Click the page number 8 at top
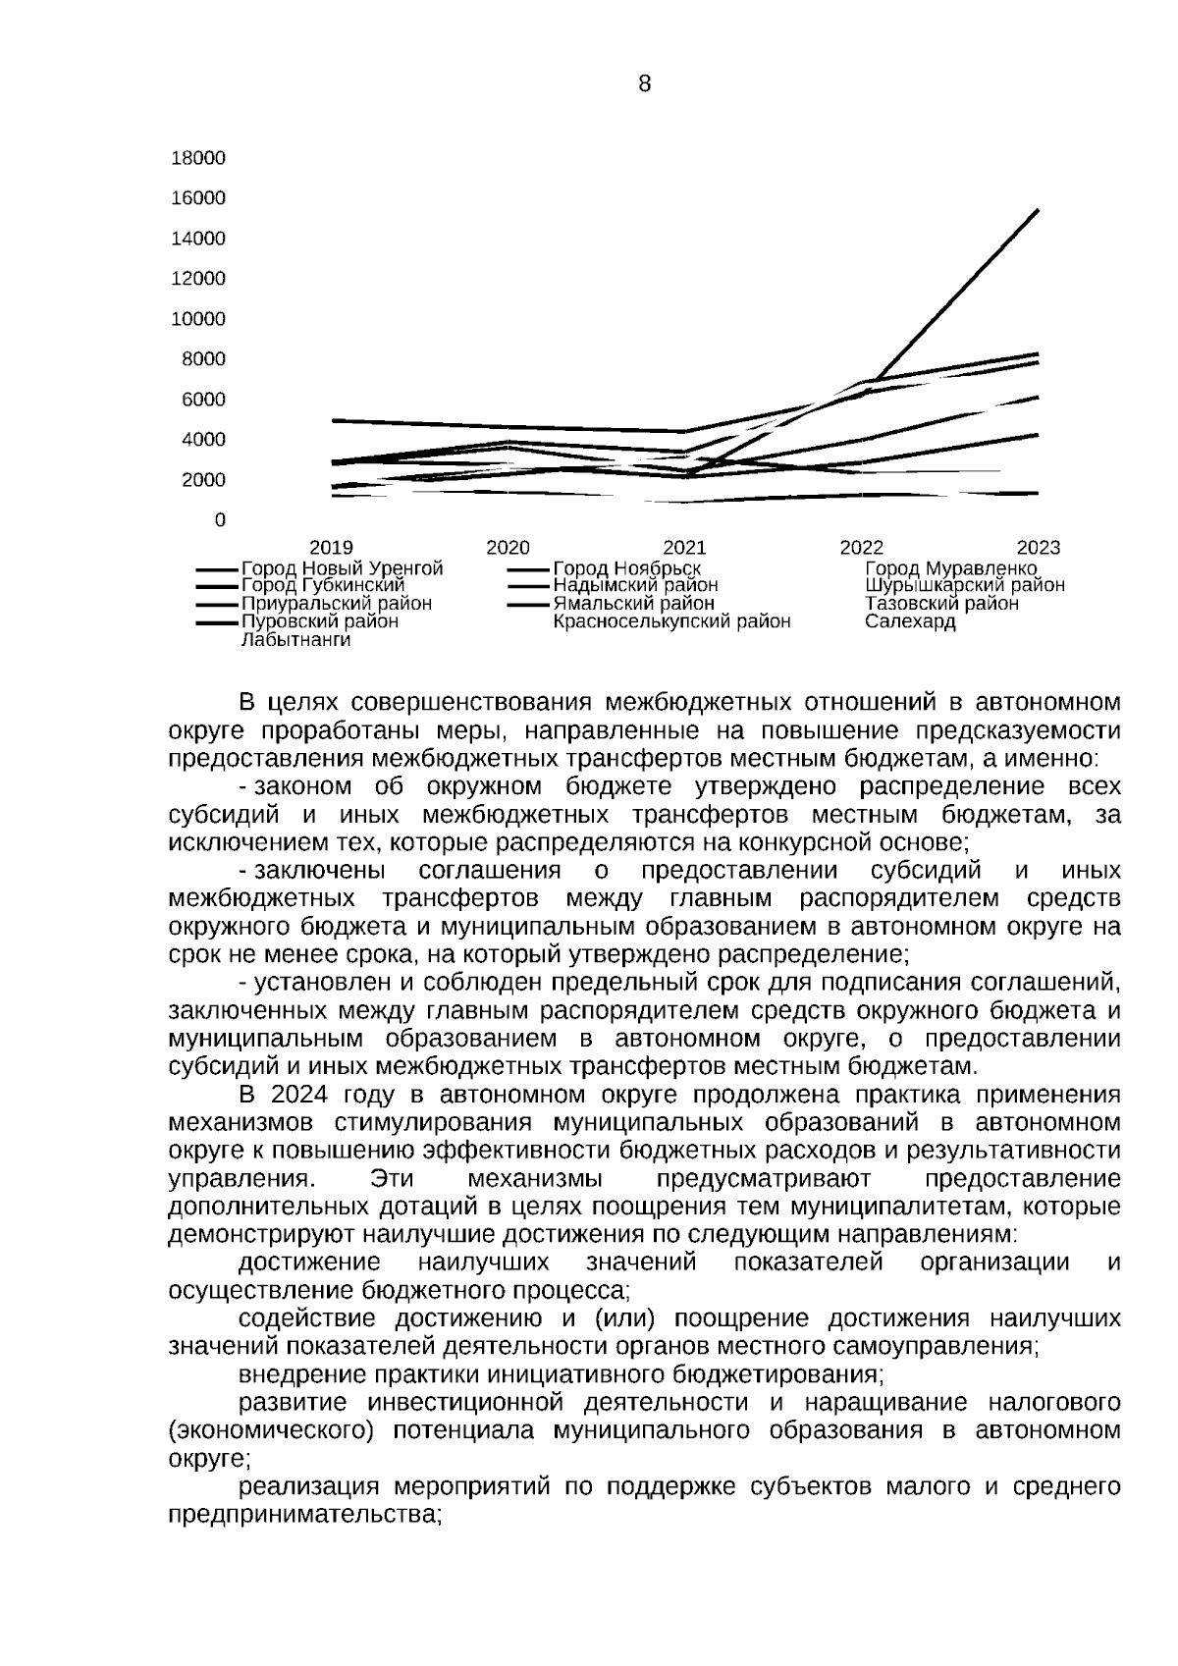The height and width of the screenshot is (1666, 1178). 644,84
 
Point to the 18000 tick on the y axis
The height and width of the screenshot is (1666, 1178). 198,158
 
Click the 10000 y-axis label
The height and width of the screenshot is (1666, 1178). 198,319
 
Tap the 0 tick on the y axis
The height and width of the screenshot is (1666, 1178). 220,520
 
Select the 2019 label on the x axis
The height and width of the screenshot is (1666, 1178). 332,548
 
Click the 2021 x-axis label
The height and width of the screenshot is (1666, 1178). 684,548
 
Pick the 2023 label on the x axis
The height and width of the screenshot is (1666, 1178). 1038,548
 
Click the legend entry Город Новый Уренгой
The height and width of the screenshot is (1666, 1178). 342,568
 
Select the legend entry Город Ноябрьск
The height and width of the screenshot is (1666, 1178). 626,568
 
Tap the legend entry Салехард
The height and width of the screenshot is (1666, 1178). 910,622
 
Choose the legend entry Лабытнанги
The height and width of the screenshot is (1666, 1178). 295,640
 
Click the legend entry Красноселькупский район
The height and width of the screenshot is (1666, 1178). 671,622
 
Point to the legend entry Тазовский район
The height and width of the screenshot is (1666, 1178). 941,604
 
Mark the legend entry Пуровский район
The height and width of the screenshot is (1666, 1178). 320,622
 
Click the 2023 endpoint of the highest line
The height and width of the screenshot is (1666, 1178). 1038,210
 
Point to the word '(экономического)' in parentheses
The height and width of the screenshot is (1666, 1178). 271,1430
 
